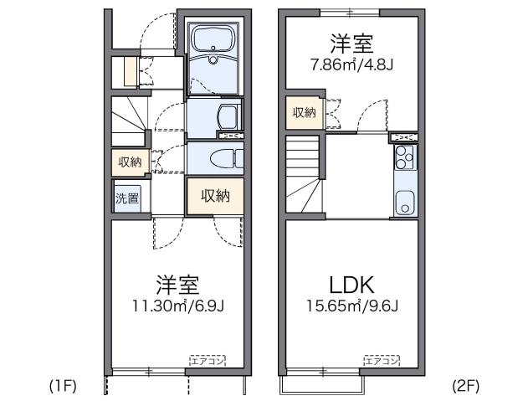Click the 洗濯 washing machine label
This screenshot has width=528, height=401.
pyautogui.click(x=127, y=199)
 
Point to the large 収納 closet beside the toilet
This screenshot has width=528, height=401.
pyautogui.click(x=215, y=196)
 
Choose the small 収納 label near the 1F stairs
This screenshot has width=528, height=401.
pyautogui.click(x=129, y=162)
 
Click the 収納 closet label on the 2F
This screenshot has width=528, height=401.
pyautogui.click(x=304, y=113)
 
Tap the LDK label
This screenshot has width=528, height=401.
pyautogui.click(x=351, y=285)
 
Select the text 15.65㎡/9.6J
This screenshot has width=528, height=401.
pyautogui.click(x=351, y=306)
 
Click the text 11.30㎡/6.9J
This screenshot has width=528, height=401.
pyautogui.click(x=177, y=306)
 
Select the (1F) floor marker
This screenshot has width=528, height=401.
pyautogui.click(x=62, y=386)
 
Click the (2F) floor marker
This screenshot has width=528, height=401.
pyautogui.click(x=464, y=386)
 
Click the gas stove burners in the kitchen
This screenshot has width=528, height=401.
pyautogui.click(x=404, y=156)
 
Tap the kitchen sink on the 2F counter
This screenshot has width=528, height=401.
pyautogui.click(x=404, y=202)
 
